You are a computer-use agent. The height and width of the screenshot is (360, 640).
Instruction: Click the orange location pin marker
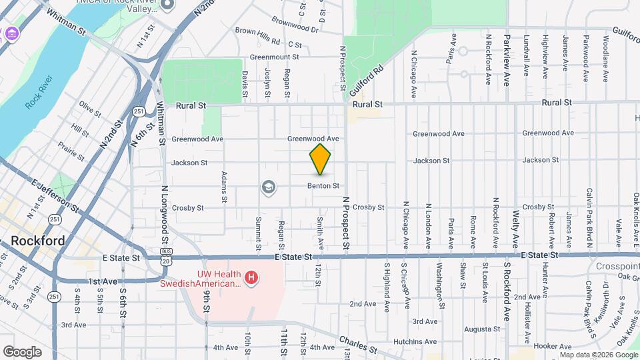(321, 159)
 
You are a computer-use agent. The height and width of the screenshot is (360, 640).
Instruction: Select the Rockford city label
(37, 241)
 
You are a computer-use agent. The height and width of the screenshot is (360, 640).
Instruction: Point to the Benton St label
(324, 185)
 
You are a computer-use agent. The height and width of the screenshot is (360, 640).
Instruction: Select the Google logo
(23, 351)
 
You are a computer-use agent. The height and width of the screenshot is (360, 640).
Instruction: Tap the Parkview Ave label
(507, 60)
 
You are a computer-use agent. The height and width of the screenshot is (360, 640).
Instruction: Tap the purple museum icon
(11, 33)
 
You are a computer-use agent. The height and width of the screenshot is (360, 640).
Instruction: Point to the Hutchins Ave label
(415, 341)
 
